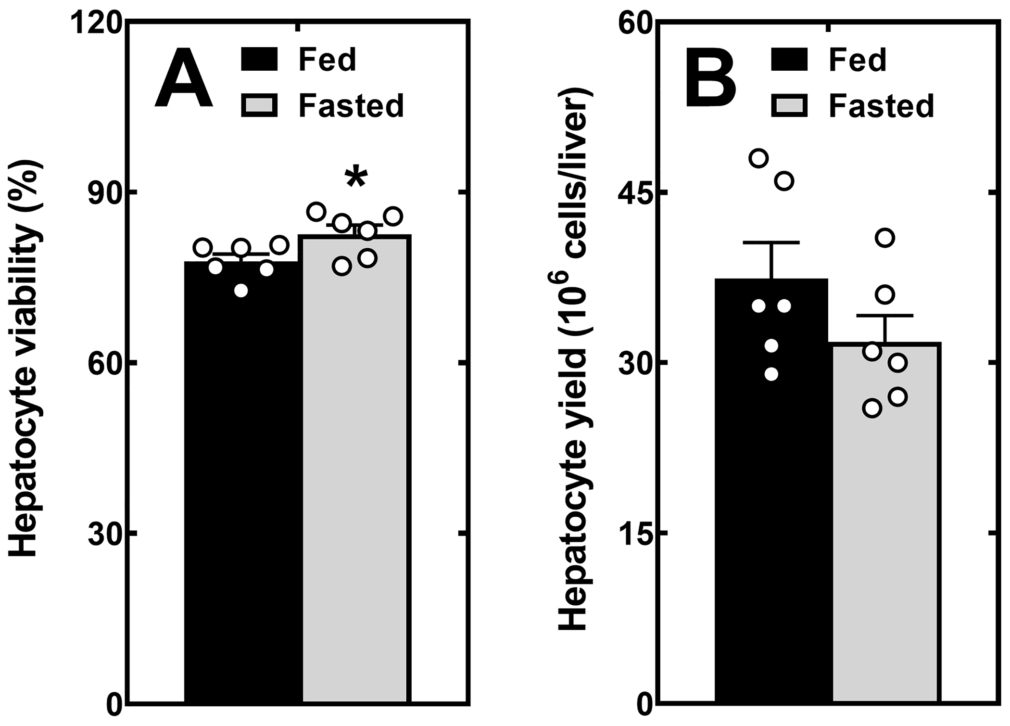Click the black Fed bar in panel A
pos(242,481)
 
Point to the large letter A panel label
pos(184,78)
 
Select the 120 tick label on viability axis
pos(96,22)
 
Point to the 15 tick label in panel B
pos(634,533)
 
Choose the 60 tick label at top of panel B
pos(634,22)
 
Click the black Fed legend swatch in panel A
pos(259,60)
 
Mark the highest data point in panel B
pos(759,158)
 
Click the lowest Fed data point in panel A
pos(241,291)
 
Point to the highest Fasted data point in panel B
pos(885,238)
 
